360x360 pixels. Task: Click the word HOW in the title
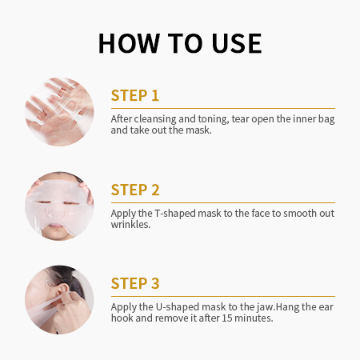(130, 43)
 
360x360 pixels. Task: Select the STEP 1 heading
(135, 95)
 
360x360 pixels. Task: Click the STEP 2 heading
(135, 190)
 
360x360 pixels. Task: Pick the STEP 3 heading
(135, 283)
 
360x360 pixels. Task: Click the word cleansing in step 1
(155, 119)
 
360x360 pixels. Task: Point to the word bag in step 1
(326, 119)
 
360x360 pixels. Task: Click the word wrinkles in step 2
(130, 225)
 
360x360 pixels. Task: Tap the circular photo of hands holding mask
(59, 112)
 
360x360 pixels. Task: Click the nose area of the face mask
(57, 212)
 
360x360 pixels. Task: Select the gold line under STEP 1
(223, 109)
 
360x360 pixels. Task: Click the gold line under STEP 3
(223, 296)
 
